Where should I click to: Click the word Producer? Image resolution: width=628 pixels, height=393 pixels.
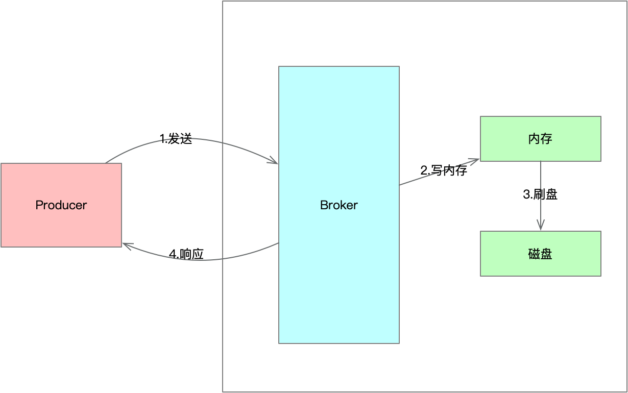61,205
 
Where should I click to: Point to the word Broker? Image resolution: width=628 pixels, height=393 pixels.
339,205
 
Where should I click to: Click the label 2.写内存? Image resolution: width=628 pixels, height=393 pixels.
444,170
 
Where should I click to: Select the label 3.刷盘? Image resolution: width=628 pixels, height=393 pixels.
540,194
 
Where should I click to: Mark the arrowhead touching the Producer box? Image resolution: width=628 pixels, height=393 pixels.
127,247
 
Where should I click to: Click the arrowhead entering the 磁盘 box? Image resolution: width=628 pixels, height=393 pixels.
541,226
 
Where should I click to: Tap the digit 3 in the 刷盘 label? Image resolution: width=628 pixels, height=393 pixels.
526,194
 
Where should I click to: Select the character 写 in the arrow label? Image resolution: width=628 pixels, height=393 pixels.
437,170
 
